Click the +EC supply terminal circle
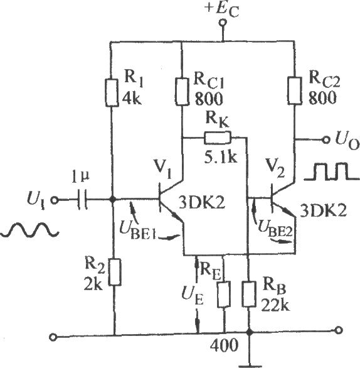click(223, 23)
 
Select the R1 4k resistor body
click(112, 93)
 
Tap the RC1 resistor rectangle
click(182, 92)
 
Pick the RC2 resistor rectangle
click(295, 90)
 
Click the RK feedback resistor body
click(218, 138)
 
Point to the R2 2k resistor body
click(115, 272)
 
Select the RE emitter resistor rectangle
click(224, 295)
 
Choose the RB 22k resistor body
click(249, 294)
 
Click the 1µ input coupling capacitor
click(82, 199)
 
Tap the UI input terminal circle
click(55, 200)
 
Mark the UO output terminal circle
click(326, 140)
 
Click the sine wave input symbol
click(29, 230)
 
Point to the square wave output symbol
click(331, 172)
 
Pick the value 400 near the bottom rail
click(224, 345)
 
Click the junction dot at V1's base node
click(113, 200)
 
